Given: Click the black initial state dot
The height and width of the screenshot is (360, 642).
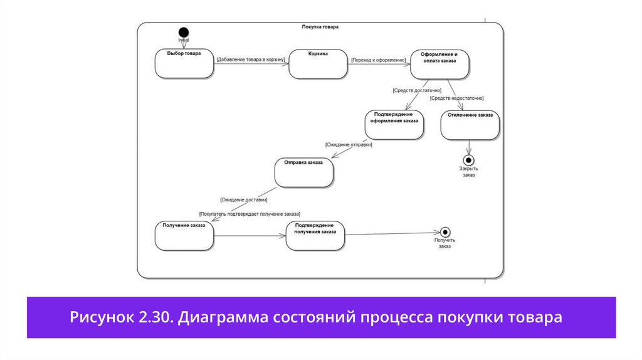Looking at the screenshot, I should pyautogui.click(x=183, y=32).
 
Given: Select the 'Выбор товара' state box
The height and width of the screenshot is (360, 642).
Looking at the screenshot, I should pyautogui.click(x=184, y=64).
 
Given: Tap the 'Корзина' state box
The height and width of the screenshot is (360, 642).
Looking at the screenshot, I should pyautogui.click(x=318, y=64).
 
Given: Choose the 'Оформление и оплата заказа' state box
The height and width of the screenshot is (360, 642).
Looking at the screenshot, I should pyautogui.click(x=439, y=64).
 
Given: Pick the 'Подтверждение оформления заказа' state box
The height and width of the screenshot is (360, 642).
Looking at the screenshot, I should pyautogui.click(x=393, y=124).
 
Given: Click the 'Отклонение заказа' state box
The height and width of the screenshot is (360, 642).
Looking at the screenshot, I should pyautogui.click(x=471, y=125).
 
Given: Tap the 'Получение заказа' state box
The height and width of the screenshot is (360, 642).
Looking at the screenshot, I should pyautogui.click(x=184, y=235).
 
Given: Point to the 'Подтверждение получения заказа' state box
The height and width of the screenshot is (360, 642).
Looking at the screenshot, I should pyautogui.click(x=315, y=235).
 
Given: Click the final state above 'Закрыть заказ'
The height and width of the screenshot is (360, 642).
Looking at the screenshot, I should pyautogui.click(x=468, y=159).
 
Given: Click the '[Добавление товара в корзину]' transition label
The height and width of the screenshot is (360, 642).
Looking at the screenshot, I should pyautogui.click(x=251, y=60).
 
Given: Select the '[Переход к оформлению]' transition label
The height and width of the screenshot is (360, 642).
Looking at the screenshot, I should pyautogui.click(x=379, y=60).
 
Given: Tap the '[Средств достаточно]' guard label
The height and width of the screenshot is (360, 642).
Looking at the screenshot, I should pyautogui.click(x=417, y=90).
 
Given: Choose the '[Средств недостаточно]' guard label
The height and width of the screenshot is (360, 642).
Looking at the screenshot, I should pyautogui.click(x=456, y=98).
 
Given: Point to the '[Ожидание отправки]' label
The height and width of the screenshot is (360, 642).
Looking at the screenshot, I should pyautogui.click(x=349, y=145).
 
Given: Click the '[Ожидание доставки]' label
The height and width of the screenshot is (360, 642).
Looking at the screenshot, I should pyautogui.click(x=244, y=199).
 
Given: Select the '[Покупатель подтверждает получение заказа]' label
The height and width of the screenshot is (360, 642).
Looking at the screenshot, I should pyautogui.click(x=250, y=214).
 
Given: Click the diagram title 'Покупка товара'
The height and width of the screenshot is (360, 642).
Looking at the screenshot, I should pyautogui.click(x=320, y=27).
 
